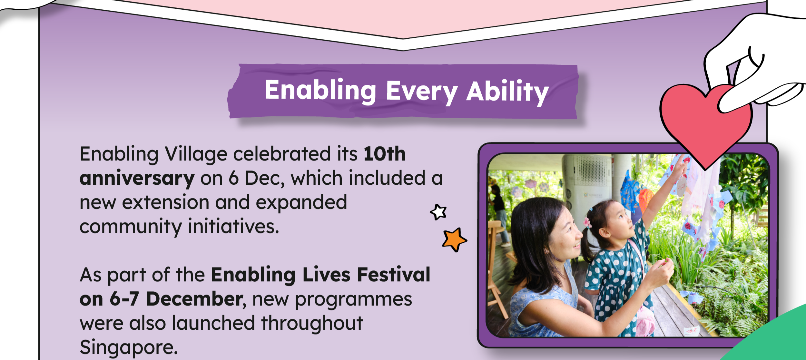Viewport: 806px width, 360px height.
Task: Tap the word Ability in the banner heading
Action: [x=507, y=92]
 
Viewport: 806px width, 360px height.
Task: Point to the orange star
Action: [x=454, y=239]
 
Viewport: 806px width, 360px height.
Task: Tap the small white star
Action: [x=438, y=212]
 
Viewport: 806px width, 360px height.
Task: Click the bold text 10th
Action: [x=384, y=154]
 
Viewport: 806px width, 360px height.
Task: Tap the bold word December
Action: [x=194, y=299]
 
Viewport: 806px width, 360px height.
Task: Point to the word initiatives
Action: [x=233, y=226]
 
